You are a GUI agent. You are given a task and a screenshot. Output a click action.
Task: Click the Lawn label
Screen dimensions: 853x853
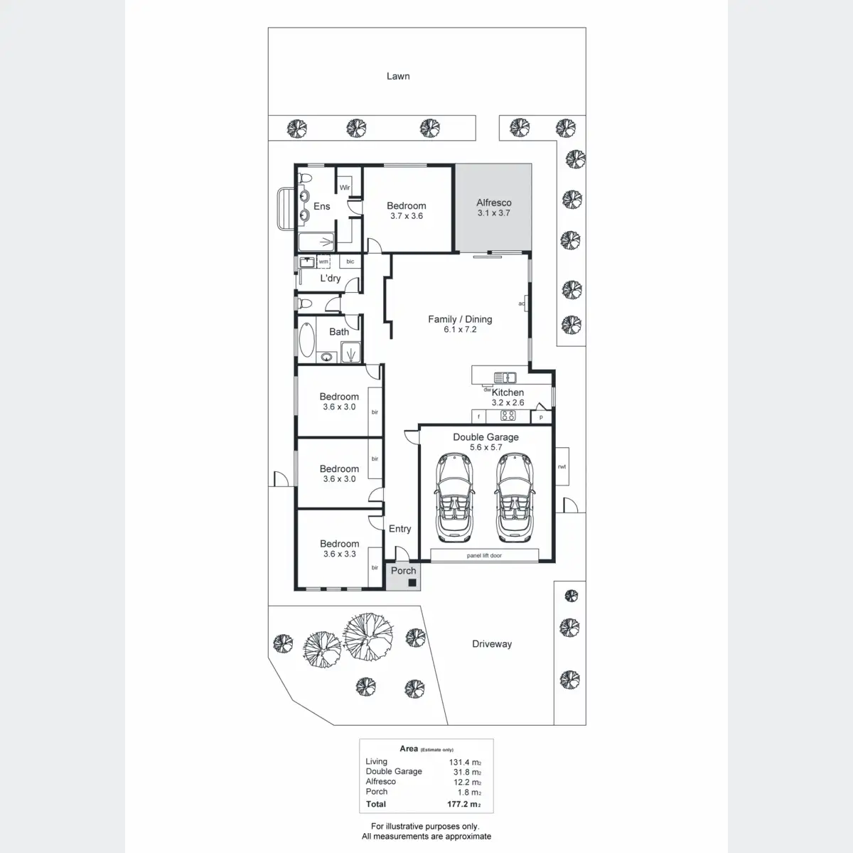tap(398, 76)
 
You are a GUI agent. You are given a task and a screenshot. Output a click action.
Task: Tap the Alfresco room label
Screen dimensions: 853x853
tap(493, 203)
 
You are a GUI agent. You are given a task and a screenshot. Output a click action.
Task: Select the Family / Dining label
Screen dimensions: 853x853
tap(460, 319)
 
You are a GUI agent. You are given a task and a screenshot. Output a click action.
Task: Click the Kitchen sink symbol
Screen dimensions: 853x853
tap(505, 377)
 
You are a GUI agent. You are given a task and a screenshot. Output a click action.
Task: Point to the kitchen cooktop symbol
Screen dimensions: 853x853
tap(508, 416)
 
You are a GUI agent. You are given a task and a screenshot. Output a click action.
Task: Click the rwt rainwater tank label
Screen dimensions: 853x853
tap(562, 466)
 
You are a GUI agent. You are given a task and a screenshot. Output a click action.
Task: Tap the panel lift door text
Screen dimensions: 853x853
tap(484, 556)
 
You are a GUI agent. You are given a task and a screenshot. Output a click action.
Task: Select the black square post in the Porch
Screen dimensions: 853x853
tap(412, 583)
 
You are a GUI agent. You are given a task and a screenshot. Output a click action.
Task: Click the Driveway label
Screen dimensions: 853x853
tap(492, 643)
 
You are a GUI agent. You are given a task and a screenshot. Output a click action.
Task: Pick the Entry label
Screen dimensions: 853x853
tap(399, 529)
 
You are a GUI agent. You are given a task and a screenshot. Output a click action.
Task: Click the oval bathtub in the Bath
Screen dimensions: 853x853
tap(307, 340)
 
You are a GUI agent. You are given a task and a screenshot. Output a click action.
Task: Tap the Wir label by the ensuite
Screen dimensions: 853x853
tap(345, 187)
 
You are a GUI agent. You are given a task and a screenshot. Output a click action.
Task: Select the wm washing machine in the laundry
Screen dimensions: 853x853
tap(323, 261)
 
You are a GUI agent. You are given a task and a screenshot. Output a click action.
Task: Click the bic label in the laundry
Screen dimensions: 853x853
tap(350, 261)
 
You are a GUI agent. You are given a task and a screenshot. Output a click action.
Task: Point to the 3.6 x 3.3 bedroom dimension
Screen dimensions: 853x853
tap(339, 554)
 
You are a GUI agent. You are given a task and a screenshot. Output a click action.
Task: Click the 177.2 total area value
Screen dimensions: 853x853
tap(463, 804)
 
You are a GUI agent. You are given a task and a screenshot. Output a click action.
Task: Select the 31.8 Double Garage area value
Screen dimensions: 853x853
tap(467, 772)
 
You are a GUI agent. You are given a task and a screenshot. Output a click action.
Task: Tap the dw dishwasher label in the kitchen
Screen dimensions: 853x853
tap(487, 390)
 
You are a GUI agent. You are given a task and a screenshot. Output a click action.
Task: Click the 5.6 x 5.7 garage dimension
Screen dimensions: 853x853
tap(485, 447)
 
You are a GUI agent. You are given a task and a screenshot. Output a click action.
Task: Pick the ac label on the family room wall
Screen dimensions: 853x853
tap(522, 304)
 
